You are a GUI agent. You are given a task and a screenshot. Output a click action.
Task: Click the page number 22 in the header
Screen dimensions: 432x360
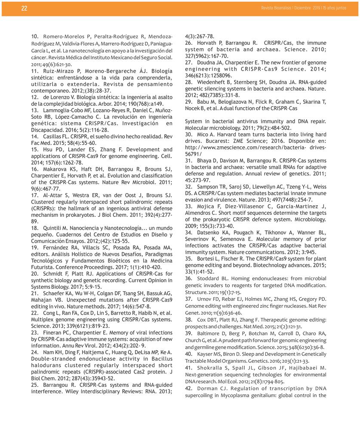pyautogui.click(x=24, y=8)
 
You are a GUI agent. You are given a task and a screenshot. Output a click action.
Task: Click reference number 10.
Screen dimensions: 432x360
pyautogui.click(x=35, y=37)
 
